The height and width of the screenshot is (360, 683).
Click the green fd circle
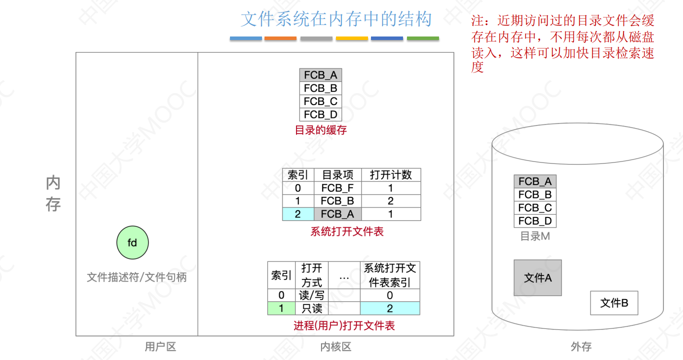pyautogui.click(x=132, y=243)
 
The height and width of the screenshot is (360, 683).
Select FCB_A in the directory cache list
pyautogui.click(x=320, y=75)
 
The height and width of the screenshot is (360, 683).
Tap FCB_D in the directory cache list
pyautogui.click(x=320, y=114)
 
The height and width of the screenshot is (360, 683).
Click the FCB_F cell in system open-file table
pyautogui.click(x=337, y=188)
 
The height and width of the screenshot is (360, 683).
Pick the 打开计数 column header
pyautogui.click(x=390, y=175)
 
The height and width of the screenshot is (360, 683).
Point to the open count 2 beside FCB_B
pyautogui.click(x=390, y=201)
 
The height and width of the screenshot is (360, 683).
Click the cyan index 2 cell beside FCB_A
pyautogui.click(x=298, y=214)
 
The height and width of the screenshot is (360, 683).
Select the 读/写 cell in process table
pyautogui.click(x=311, y=295)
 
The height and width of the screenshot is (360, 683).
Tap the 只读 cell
pyautogui.click(x=311, y=308)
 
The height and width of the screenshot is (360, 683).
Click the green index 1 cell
pyautogui.click(x=281, y=308)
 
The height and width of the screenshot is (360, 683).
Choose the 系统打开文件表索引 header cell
pyautogui.click(x=389, y=275)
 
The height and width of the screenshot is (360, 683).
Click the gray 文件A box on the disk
pyautogui.click(x=537, y=277)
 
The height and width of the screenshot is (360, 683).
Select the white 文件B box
pyautogui.click(x=614, y=302)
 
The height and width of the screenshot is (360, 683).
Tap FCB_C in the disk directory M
pyautogui.click(x=535, y=208)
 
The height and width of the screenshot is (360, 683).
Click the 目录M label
pyautogui.click(x=535, y=236)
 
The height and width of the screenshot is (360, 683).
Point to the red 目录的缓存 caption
pyautogui.click(x=320, y=130)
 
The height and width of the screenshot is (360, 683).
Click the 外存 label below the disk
pyautogui.click(x=581, y=346)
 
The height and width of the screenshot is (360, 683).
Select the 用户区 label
pyautogui.click(x=160, y=346)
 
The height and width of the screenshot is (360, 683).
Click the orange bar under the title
pyautogui.click(x=280, y=38)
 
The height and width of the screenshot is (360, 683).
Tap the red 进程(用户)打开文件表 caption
pyautogui.click(x=344, y=326)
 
